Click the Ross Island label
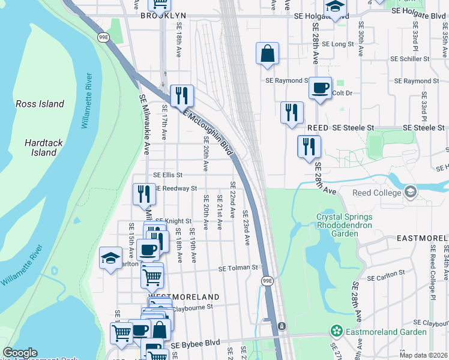(40, 104)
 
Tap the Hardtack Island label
(40, 148)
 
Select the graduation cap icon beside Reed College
(411, 193)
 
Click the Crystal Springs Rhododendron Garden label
(345, 226)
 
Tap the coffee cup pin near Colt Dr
(320, 88)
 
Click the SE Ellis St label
(167, 175)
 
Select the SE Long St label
(338, 44)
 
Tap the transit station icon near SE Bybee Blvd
(281, 326)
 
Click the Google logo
(20, 353)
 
